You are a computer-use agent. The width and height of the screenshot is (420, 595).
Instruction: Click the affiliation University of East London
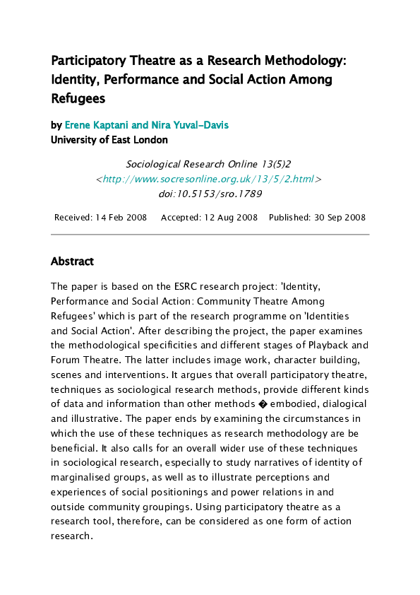[x=109, y=140]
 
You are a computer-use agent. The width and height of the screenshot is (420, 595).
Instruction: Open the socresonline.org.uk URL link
[x=208, y=179]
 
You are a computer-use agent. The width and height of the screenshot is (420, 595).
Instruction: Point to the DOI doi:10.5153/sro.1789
[x=209, y=194]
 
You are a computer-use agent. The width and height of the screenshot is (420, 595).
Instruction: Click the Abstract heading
[x=72, y=261]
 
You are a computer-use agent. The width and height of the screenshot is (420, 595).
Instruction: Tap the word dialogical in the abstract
[x=344, y=404]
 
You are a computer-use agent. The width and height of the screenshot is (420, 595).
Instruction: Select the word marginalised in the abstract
[x=80, y=477]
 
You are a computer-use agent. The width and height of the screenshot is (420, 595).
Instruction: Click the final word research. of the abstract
[x=72, y=536]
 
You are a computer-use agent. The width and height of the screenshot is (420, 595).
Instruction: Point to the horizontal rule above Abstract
[x=210, y=234]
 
